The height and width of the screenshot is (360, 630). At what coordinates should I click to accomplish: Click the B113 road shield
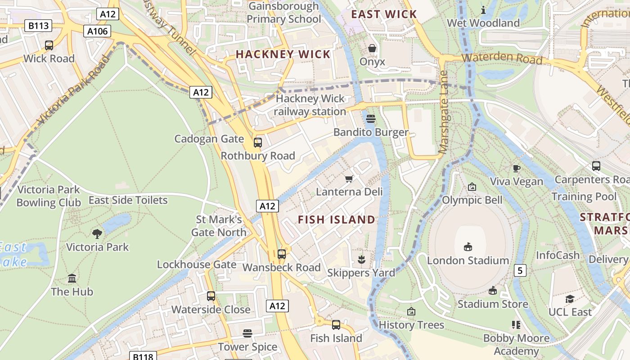click(38, 26)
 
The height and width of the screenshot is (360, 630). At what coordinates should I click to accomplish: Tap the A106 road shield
click(97, 31)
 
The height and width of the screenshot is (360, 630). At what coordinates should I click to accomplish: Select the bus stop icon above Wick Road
click(49, 45)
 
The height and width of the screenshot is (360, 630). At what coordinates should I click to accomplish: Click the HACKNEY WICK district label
click(283, 54)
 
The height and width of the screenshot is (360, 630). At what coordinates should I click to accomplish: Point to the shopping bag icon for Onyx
click(372, 48)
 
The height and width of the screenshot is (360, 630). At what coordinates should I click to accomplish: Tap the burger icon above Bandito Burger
click(371, 119)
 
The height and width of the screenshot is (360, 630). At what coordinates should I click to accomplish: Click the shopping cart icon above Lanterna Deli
click(349, 179)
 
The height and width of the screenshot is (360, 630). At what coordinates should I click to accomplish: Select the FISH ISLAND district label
click(337, 220)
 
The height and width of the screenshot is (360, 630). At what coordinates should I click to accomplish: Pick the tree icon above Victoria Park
click(97, 234)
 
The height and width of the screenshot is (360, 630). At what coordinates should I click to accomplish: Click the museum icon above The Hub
click(72, 279)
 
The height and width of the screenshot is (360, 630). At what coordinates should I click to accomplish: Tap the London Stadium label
click(468, 261)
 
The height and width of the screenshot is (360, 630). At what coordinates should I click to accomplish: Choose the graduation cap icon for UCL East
click(570, 299)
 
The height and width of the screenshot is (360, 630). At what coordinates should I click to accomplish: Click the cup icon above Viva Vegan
click(517, 168)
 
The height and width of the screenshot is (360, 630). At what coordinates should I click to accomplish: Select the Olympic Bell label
click(472, 200)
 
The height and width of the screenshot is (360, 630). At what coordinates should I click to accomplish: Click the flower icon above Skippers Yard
click(361, 259)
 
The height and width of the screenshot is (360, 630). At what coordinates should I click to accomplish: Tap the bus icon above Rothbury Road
click(258, 143)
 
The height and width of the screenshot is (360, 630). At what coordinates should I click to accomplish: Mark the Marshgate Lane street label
click(444, 112)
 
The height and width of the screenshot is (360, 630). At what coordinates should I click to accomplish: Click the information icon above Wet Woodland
click(483, 10)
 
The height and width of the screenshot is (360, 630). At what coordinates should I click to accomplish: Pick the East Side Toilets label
click(128, 200)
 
